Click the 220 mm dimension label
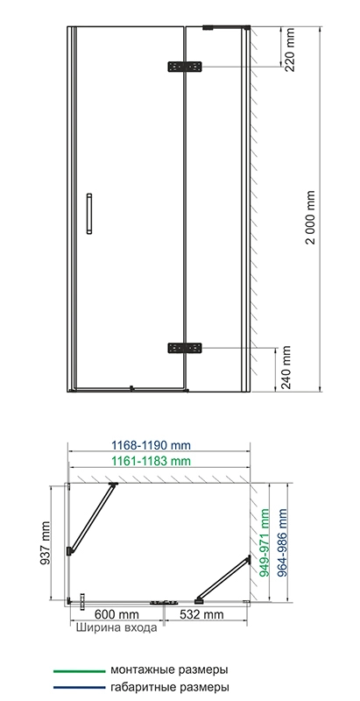[x=289, y=49]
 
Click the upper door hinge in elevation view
[x=185, y=67]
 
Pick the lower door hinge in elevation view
[x=185, y=348]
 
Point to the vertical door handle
[x=89, y=214]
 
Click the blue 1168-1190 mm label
[x=151, y=445]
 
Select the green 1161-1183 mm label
[x=151, y=461]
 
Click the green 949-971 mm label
[x=265, y=542]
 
